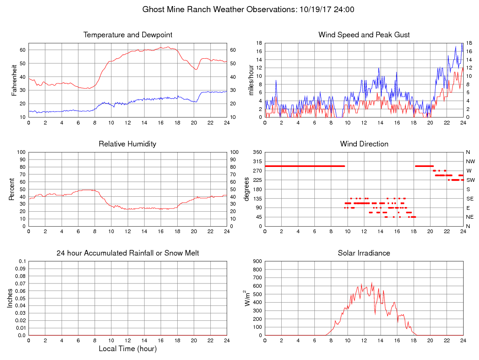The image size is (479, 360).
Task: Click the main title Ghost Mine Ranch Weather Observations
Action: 239,9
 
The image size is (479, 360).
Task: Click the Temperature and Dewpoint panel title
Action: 128,35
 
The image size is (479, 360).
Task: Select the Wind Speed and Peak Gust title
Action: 364,35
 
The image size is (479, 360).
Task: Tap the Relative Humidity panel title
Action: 127,144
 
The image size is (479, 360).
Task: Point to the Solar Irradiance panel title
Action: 364,253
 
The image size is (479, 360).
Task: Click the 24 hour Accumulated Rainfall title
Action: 128,253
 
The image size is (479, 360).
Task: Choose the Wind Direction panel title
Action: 364,144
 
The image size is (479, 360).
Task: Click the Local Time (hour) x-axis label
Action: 127,348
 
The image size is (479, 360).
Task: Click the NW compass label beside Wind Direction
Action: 470,161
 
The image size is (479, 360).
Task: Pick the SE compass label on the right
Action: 470,199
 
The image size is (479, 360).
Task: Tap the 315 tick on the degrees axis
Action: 257,161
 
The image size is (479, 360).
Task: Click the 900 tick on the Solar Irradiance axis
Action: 257,261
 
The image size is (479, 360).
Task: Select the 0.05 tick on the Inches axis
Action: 21,298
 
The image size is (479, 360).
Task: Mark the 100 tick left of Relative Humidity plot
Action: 21,152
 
